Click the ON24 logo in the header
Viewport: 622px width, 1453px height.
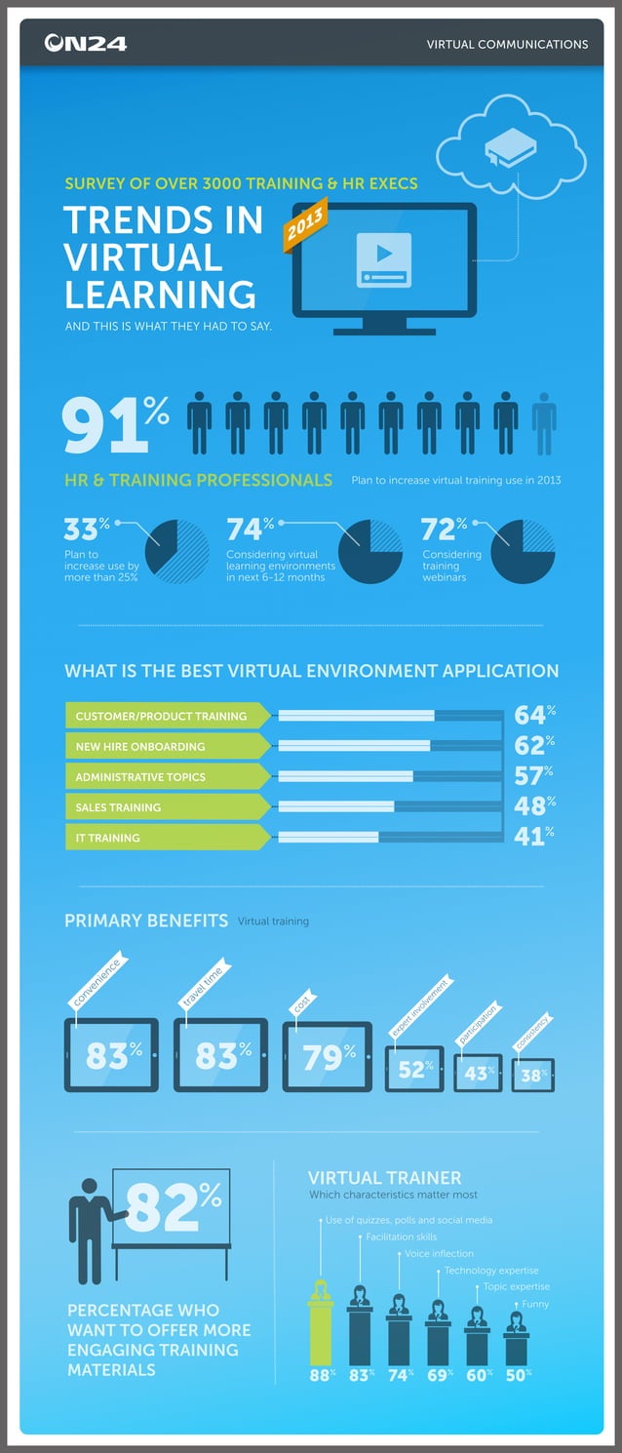(x=85, y=43)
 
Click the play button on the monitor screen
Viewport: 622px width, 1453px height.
(x=384, y=254)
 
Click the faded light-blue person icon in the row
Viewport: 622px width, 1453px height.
(x=543, y=423)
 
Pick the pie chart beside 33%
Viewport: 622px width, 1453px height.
(x=177, y=551)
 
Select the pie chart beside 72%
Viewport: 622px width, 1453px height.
(x=523, y=551)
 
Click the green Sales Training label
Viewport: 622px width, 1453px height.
(x=167, y=807)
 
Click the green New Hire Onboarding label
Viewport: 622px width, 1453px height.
(x=167, y=747)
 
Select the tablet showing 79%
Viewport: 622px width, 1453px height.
(x=328, y=1056)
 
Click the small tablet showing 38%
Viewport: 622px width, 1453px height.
(x=533, y=1076)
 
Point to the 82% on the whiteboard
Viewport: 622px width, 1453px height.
(x=174, y=1208)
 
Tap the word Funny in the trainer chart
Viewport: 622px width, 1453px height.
(x=535, y=1304)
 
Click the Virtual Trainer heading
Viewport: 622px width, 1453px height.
(x=384, y=1177)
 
